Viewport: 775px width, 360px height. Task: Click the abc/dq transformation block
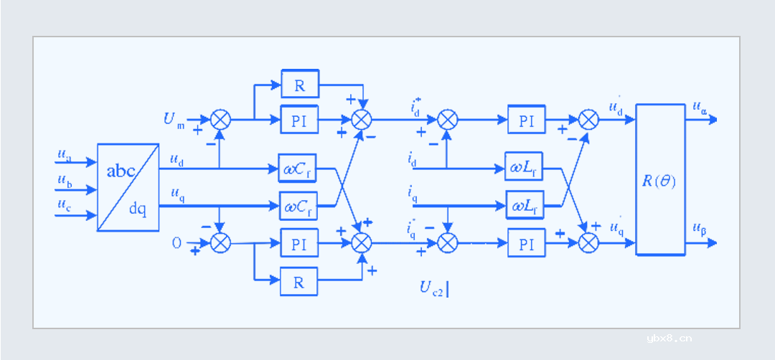tap(128, 187)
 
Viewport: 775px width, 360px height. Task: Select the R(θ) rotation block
tap(660, 179)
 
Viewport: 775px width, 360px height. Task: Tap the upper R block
tap(300, 84)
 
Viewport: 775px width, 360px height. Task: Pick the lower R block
tap(299, 283)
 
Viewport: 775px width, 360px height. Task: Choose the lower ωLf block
tap(525, 205)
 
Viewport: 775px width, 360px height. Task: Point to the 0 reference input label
tap(177, 243)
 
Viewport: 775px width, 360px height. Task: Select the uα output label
tap(700, 108)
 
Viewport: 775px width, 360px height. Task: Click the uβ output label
tap(700, 229)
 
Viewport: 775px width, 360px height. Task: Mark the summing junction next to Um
tap(220, 119)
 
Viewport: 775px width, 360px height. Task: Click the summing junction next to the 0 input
tap(220, 243)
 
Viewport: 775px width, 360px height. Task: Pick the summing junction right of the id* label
tap(447, 119)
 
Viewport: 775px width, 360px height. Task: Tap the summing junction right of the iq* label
tap(447, 243)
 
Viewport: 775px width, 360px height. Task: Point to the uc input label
tap(65, 206)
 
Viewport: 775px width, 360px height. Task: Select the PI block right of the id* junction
tap(526, 119)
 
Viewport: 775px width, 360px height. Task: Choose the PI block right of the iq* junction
tap(526, 243)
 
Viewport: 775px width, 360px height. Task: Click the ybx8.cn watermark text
tap(669, 338)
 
